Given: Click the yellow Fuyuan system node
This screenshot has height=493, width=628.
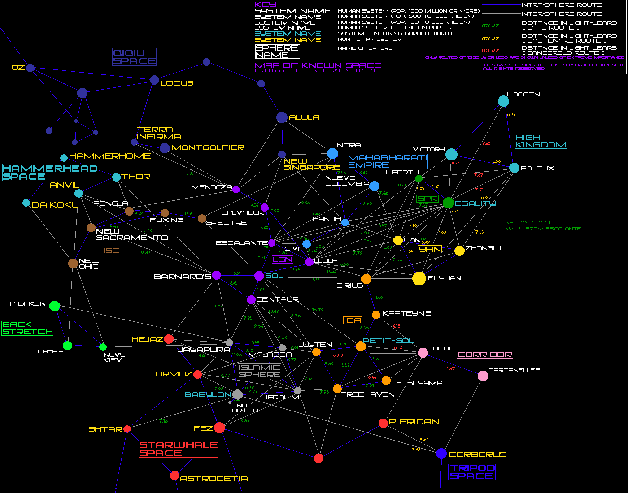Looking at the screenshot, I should click(419, 278).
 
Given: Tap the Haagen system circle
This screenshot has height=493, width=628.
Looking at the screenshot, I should click(503, 101).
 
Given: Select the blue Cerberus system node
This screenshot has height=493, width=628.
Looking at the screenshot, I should click(441, 453).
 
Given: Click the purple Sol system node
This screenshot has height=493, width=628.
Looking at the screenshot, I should click(259, 276).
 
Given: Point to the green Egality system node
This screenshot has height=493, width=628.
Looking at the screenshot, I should click(448, 203).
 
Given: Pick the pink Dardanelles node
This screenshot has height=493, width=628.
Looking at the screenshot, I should click(483, 376).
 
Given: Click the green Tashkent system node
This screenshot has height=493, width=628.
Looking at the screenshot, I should click(55, 306).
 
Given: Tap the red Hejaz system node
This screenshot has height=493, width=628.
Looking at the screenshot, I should click(169, 339).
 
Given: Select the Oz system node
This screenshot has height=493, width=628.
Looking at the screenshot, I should click(30, 68).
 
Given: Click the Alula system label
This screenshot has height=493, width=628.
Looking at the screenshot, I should click(304, 117).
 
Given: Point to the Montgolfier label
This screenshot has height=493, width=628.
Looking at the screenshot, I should click(208, 148).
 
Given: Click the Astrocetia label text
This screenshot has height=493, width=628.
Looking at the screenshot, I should click(214, 479).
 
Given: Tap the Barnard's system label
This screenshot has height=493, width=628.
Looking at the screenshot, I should click(182, 277).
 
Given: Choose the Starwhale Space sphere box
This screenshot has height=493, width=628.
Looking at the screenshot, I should click(179, 449).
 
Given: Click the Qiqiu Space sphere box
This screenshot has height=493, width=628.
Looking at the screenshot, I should click(134, 57).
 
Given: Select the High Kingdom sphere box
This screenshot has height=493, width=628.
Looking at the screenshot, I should click(541, 141).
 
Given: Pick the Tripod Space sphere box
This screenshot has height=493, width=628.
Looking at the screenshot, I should click(472, 472).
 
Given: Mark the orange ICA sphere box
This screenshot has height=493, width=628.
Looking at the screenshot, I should click(353, 320).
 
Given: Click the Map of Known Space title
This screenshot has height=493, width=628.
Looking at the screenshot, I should click(318, 65).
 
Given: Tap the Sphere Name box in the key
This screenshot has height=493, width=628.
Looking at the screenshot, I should click(277, 52).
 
